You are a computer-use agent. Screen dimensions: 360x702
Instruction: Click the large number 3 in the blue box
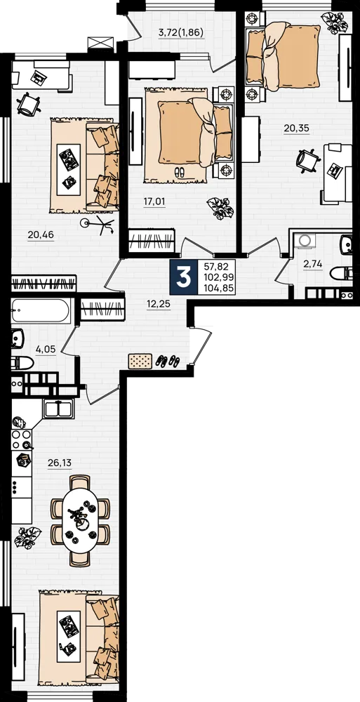pos(184,277)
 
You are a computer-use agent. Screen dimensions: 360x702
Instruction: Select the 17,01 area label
pos(154,202)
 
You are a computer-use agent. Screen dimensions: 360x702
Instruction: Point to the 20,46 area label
pos(41,234)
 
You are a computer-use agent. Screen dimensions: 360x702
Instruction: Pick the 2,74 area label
pos(313,264)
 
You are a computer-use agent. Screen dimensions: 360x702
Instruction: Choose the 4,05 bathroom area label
pos(46,349)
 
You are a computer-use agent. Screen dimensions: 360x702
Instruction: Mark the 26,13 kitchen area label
pos(60,463)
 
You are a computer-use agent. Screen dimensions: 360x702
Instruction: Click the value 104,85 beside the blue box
pos(218,289)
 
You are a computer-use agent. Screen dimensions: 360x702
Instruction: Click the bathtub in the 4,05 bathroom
pos(41,310)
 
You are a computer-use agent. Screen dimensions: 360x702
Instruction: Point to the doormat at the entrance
pos(140,361)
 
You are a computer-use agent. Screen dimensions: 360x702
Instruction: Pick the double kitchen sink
pos(59,408)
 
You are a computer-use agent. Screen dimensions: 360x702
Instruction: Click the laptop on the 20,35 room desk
pos(335,171)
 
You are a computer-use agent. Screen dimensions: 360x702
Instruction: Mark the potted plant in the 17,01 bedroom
pos(220,208)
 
